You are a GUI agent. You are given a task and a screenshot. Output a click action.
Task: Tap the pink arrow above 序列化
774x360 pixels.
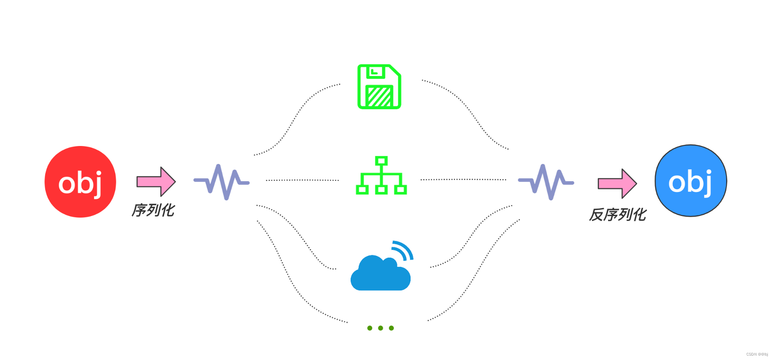click(156, 182)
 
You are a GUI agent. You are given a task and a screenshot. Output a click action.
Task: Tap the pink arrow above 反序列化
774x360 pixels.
click(617, 184)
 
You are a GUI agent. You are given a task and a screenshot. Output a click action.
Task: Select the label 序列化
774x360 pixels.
click(153, 210)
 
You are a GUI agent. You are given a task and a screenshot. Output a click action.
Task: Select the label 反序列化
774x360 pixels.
click(618, 215)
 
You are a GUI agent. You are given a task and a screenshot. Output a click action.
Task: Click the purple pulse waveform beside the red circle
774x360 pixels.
click(221, 182)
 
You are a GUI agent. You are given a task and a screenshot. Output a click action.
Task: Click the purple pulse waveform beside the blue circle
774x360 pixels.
click(546, 182)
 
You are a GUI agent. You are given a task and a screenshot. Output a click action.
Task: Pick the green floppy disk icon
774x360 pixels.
click(379, 86)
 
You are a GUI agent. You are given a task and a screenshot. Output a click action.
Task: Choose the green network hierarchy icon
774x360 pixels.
click(381, 176)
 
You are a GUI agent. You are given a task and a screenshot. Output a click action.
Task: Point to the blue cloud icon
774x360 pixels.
click(380, 274)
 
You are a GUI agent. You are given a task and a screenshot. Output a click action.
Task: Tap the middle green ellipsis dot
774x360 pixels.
click(381, 328)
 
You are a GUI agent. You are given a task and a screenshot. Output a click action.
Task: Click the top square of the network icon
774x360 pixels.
click(381, 161)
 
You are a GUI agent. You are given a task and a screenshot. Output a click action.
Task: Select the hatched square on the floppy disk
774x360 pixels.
click(379, 96)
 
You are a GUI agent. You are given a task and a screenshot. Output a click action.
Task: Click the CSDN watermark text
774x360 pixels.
click(757, 354)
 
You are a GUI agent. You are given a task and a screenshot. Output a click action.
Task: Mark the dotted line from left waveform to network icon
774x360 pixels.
click(302, 180)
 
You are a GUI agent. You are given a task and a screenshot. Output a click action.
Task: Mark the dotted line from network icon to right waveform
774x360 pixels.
click(463, 180)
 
